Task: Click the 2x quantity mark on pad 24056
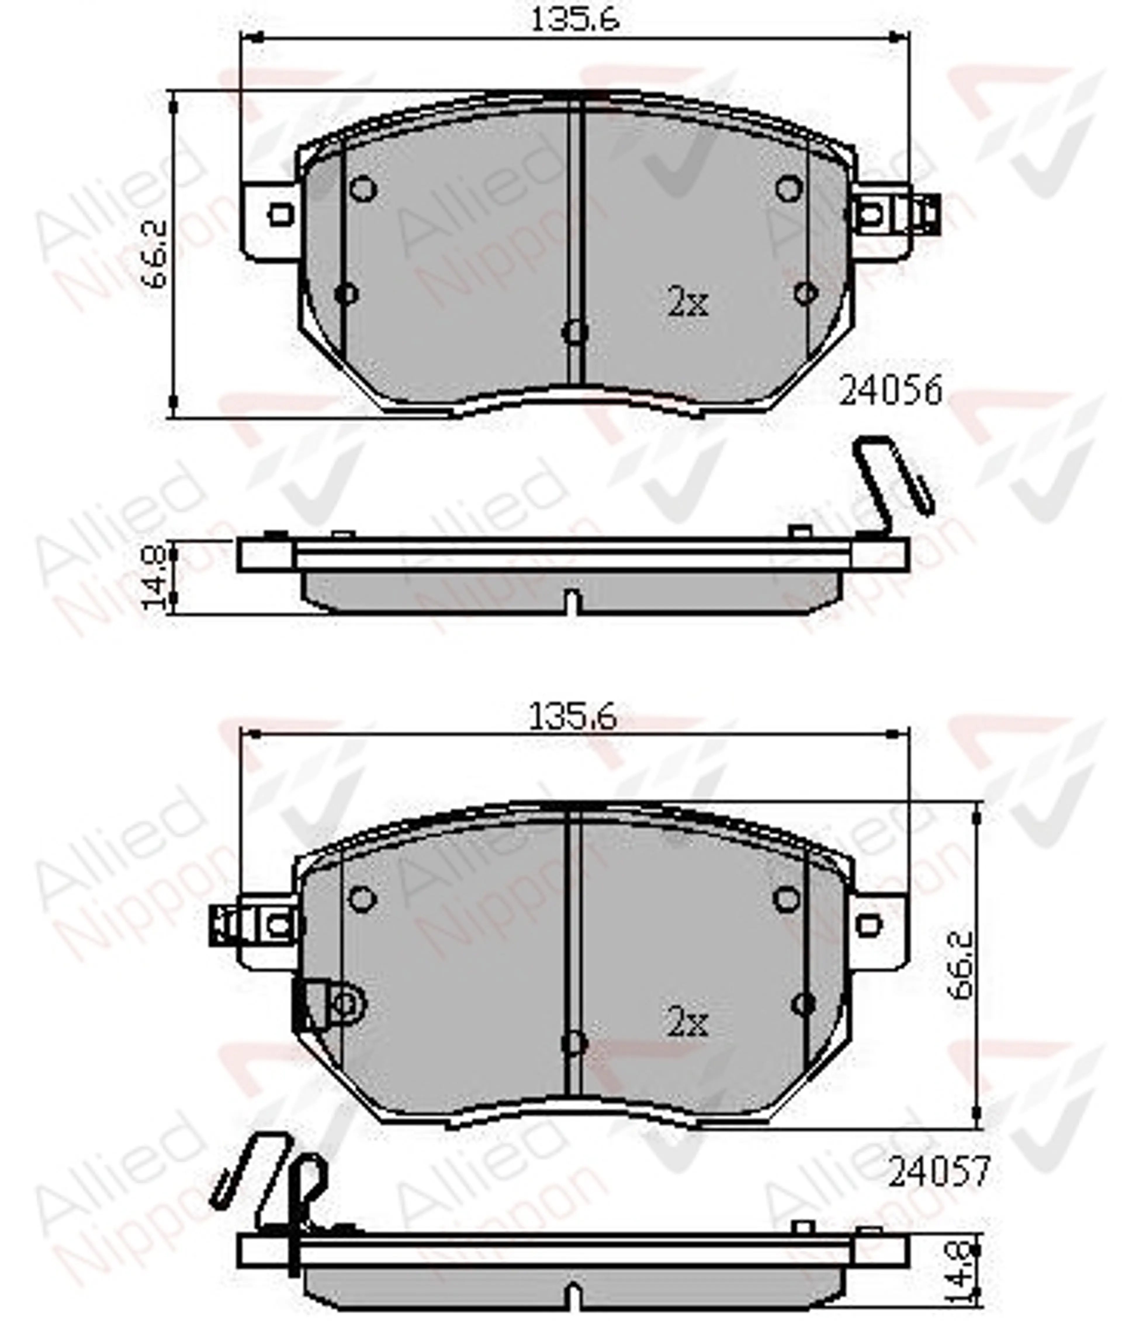pyautogui.click(x=688, y=304)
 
